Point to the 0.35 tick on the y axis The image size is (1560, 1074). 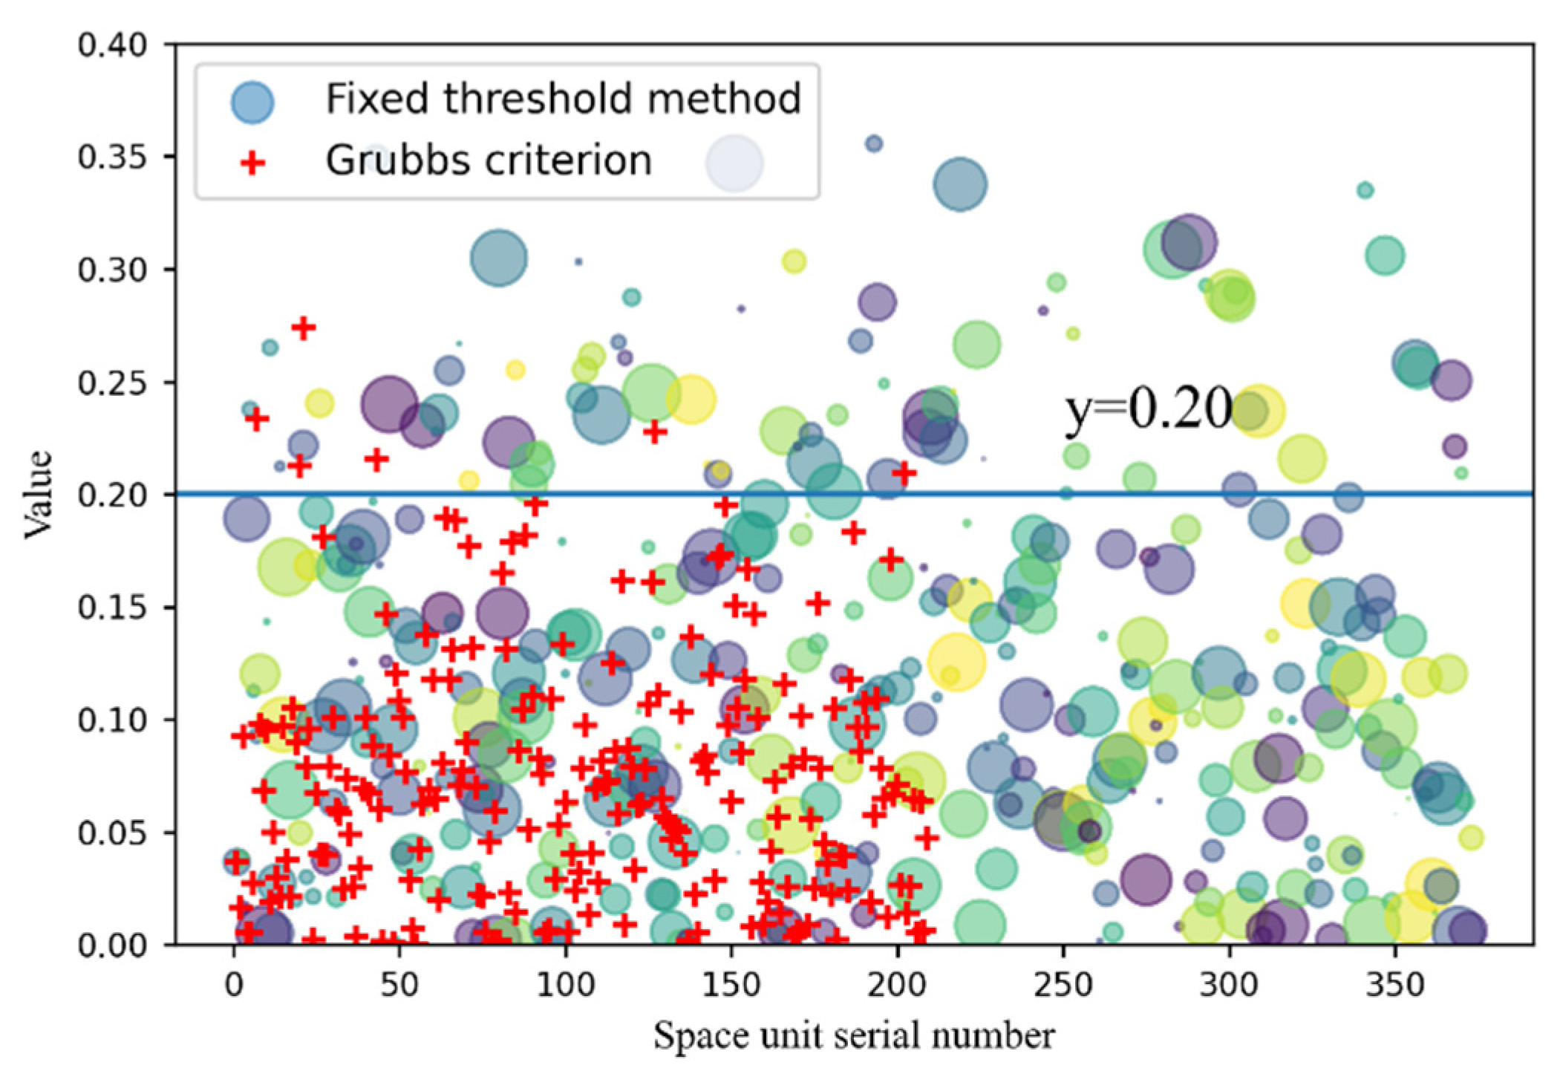112,157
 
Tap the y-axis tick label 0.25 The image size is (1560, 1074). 112,383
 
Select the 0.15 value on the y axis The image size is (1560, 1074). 112,608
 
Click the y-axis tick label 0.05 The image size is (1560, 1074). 112,833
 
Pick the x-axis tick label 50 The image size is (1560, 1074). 399,985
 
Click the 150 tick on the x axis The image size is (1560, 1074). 731,985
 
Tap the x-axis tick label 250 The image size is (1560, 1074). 1063,985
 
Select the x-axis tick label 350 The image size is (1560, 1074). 1395,985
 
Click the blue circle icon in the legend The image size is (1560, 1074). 252,101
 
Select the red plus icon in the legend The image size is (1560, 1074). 252,162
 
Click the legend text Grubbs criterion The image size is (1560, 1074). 489,160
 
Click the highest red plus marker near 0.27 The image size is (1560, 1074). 303,328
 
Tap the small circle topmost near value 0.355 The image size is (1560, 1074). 874,143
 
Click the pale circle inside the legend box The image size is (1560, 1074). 734,163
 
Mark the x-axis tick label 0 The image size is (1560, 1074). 234,985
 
